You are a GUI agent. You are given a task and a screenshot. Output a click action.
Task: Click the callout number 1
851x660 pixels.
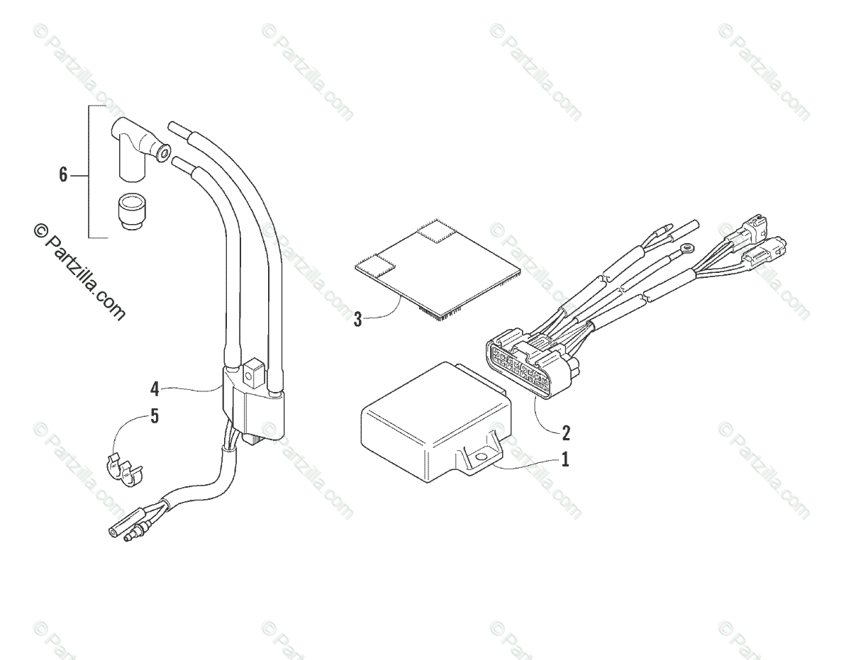(564, 459)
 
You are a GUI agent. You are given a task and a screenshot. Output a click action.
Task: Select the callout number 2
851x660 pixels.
(565, 432)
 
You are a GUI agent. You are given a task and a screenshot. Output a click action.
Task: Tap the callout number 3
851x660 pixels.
(358, 319)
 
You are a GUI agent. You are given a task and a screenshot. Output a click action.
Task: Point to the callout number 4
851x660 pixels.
(155, 388)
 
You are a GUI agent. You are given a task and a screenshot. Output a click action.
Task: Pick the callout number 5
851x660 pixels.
(155, 416)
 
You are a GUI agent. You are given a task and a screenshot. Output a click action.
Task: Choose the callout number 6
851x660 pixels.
(63, 174)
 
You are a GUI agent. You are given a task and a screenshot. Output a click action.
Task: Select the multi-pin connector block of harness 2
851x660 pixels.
(532, 365)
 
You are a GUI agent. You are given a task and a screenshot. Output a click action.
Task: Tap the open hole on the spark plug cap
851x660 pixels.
(165, 150)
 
